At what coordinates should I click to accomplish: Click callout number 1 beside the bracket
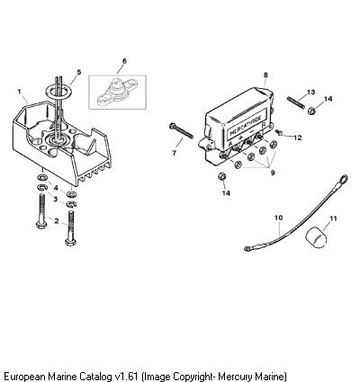coord(20,92)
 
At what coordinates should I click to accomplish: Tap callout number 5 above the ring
coord(79,72)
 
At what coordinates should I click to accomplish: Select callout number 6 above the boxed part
coord(124,61)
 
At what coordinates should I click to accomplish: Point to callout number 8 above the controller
coord(265,76)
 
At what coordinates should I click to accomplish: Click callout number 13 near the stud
coord(311,92)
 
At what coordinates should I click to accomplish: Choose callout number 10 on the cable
coord(279,218)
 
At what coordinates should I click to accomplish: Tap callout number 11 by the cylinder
coord(333,218)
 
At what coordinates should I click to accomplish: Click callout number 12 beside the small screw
coord(298,138)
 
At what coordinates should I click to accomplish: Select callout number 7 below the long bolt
coord(175,153)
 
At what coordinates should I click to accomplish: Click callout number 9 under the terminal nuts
coord(273,173)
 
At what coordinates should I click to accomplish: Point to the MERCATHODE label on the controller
coord(246,125)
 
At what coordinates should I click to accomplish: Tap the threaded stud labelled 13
coord(296,102)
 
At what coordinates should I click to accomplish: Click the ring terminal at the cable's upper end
coord(344,179)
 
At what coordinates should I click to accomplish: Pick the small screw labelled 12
coord(279,132)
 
